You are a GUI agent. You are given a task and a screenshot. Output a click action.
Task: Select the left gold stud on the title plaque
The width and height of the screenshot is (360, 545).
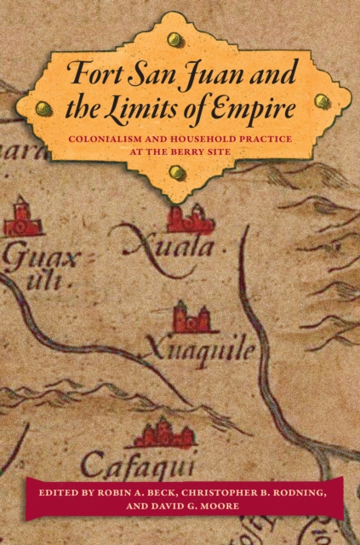41,109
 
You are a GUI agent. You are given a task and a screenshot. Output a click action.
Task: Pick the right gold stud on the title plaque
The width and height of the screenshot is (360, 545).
321,100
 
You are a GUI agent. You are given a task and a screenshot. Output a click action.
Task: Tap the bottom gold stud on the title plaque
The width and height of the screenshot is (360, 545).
177,172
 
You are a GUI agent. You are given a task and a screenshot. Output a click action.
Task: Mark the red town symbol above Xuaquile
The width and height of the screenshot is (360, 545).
192,318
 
